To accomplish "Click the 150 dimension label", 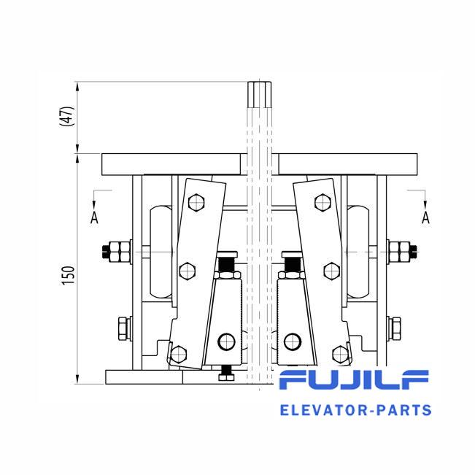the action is [68, 275].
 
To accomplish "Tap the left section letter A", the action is [94, 217].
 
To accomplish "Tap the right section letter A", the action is [425, 217].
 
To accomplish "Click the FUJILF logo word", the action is [354, 379].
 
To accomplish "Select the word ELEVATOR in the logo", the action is [323, 410].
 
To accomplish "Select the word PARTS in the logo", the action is [403, 410].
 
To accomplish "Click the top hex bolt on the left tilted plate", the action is [196, 202].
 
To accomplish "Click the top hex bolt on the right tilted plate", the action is [323, 202].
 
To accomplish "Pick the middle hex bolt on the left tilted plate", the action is [188, 271].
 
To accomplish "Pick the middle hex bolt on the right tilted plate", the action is [332, 271].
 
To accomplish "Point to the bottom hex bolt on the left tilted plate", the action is [179, 354].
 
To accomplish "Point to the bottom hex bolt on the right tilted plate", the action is [341, 354].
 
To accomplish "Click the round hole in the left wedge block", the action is [226, 341].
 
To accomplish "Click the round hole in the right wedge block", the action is [293, 341].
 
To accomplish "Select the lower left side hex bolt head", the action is [123, 328].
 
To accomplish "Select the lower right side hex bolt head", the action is [396, 328].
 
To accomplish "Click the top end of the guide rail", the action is [259, 82].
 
